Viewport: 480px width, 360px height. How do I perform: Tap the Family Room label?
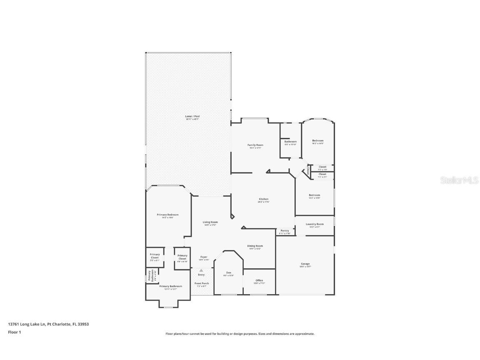[x=255, y=145]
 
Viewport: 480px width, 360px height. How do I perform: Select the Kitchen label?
[x=263, y=199]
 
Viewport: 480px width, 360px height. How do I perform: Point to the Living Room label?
[x=210, y=222]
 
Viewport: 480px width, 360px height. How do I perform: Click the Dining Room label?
[x=255, y=246]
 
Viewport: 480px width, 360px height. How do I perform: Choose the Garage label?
[x=305, y=264]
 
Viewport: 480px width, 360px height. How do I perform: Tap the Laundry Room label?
[x=315, y=224]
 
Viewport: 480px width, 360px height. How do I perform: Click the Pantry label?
[x=285, y=230]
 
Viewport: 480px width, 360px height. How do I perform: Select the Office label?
[x=259, y=280]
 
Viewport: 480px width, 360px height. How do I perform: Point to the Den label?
[x=229, y=272]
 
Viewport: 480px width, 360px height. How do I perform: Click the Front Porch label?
[x=202, y=283]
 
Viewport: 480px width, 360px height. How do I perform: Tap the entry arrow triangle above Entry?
[x=201, y=270]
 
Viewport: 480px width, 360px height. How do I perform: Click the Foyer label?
[x=204, y=257]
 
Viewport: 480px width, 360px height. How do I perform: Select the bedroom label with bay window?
[x=318, y=141]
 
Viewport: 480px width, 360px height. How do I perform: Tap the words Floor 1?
[x=14, y=332]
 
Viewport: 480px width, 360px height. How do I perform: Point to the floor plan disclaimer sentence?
[x=240, y=334]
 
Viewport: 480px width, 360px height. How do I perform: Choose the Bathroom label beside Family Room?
[x=290, y=142]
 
